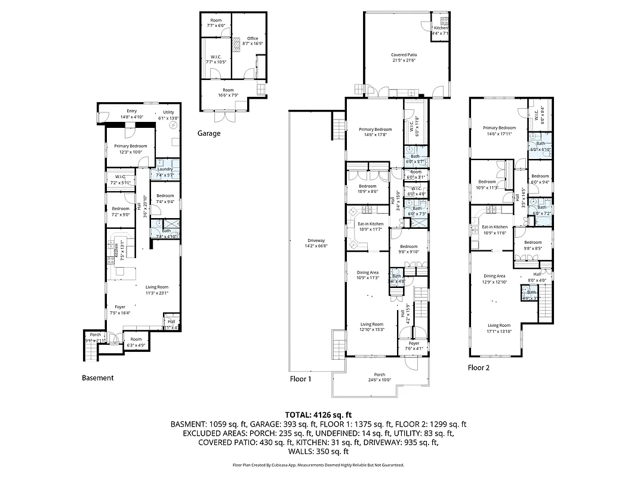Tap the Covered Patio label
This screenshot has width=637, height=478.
coord(404,54)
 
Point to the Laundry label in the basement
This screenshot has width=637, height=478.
coord(165,169)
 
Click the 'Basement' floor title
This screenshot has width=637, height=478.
coord(97,378)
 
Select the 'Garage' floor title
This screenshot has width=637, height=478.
coord(209,133)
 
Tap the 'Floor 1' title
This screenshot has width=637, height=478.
coord(300,379)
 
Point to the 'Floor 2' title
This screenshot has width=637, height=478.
coord(478,368)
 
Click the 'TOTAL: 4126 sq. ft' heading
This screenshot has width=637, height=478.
coord(318,414)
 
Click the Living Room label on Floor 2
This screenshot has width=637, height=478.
coord(500,326)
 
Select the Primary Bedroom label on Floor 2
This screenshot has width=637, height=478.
coord(499,128)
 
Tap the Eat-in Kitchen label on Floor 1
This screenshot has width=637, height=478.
coord(369,224)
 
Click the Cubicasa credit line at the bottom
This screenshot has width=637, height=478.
coord(318,465)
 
